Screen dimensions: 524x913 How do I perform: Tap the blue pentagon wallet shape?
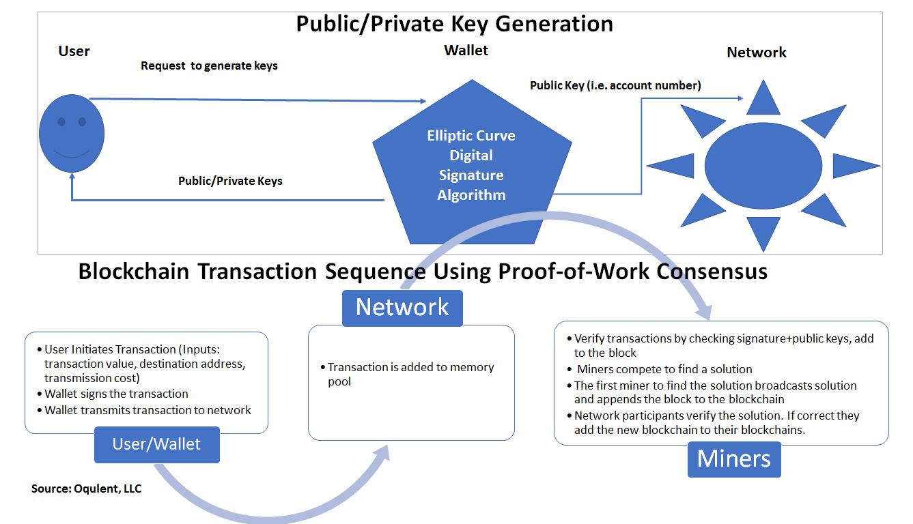click(471, 171)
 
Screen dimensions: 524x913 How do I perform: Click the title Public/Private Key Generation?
click(454, 24)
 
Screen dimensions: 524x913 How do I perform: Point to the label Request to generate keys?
click(209, 66)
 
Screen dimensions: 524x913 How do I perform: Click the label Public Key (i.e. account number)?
click(615, 86)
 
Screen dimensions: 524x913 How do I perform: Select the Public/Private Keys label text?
click(230, 181)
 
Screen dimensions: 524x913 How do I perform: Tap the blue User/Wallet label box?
click(157, 444)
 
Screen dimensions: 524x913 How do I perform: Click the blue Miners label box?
click(733, 458)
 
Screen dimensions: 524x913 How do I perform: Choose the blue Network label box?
click(402, 307)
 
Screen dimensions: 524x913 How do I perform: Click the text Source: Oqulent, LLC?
click(86, 489)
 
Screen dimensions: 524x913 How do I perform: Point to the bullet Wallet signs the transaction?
click(116, 394)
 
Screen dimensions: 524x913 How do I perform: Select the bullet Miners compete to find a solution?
click(664, 369)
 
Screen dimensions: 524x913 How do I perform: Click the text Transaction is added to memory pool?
click(410, 374)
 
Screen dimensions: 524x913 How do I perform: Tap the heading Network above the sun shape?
click(756, 53)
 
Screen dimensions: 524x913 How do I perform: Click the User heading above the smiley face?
click(74, 51)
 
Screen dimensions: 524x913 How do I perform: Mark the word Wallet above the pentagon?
click(466, 50)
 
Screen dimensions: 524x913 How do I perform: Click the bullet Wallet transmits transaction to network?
click(148, 410)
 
